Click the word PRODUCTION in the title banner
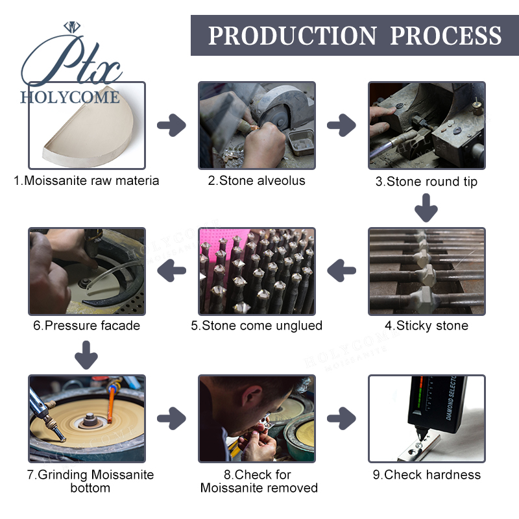[293, 36]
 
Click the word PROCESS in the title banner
[446, 36]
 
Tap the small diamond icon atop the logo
[72, 27]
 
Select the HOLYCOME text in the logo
[70, 97]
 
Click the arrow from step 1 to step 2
[171, 125]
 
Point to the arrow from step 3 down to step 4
[426, 208]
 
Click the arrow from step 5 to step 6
[171, 271]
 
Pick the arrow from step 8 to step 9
[341, 418]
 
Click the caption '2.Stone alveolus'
[256, 181]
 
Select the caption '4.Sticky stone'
[426, 326]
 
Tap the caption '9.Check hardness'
[427, 475]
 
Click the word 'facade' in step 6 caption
[121, 326]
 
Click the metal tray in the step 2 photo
[301, 142]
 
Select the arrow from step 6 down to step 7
[86, 355]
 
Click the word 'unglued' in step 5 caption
[299, 326]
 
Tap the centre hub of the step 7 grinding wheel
[90, 419]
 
